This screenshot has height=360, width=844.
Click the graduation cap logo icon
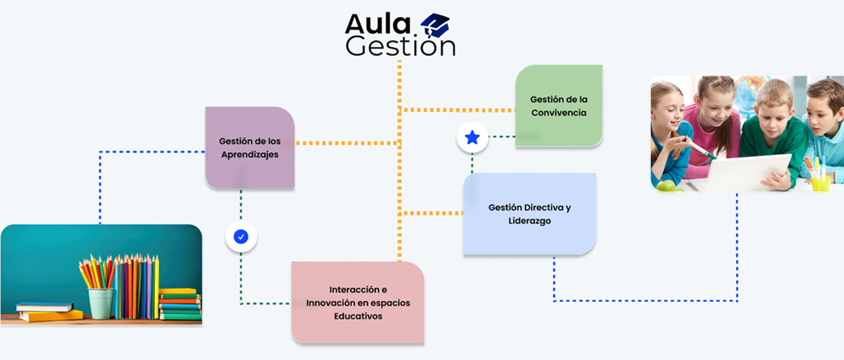pos(435,26)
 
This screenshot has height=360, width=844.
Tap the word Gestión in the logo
pos(400,46)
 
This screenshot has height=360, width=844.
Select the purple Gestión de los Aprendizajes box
pos(250,147)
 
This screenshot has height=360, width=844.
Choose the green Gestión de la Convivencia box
pos(558,105)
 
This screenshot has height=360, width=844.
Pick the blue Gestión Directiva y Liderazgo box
pos(529,213)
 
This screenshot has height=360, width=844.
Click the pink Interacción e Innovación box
pos(358,302)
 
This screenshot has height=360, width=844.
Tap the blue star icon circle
pos(472,138)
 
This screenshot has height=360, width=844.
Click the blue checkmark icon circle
pos(241,236)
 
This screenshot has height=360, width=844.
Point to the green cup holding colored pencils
pos(101,303)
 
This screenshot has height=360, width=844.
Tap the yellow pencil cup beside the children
pos(820,182)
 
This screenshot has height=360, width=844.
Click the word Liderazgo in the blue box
pos(529,221)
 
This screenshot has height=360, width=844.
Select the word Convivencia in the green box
pos(558,113)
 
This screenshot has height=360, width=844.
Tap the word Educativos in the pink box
pos(358,315)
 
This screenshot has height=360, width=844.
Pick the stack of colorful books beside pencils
pos(180,304)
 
